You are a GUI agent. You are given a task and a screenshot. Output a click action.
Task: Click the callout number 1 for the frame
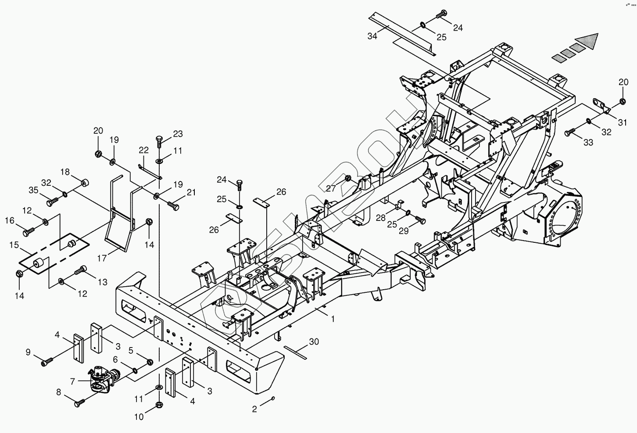(x=333, y=319)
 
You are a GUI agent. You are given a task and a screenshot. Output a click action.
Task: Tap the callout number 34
(x=372, y=36)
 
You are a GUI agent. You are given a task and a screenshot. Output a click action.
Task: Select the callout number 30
(x=314, y=342)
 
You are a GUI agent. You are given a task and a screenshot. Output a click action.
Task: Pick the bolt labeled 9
(x=47, y=362)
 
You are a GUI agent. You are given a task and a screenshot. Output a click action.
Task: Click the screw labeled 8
(x=81, y=403)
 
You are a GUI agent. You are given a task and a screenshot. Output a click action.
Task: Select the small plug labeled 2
(x=273, y=398)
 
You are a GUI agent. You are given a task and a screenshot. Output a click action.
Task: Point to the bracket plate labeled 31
(x=601, y=105)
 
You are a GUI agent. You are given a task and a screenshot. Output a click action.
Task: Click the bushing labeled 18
(x=85, y=182)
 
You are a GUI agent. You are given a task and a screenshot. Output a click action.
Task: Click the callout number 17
(x=102, y=259)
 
